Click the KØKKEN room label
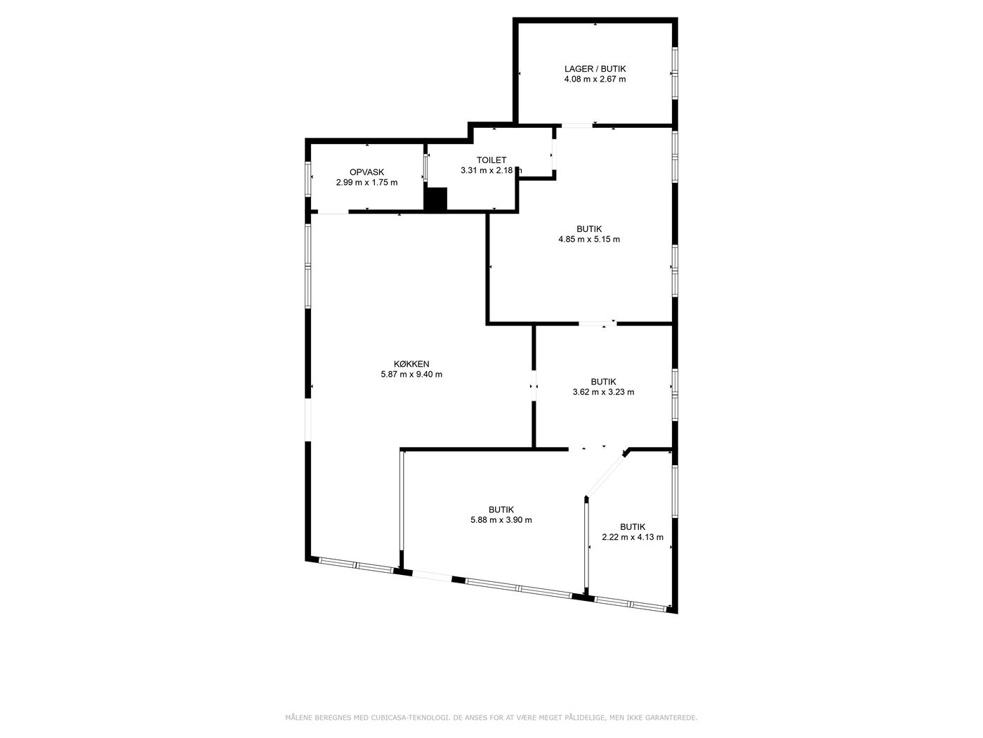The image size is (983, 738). [x=411, y=364]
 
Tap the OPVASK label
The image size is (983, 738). [x=367, y=172]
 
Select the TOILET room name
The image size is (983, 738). [x=491, y=160]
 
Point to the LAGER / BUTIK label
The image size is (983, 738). [x=595, y=69]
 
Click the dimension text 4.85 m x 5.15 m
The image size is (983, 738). [x=589, y=239]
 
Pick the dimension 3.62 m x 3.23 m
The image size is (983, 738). [x=603, y=392]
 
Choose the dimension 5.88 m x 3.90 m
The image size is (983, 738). [x=501, y=520]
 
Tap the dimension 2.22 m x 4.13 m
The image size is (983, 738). [x=633, y=537]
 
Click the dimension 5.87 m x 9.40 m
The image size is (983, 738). [x=411, y=374]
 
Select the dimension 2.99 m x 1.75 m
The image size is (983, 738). [x=367, y=182]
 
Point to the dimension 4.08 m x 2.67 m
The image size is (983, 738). [x=595, y=79]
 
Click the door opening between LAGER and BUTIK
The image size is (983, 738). [x=577, y=126]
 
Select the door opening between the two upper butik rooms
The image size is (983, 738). [x=598, y=323]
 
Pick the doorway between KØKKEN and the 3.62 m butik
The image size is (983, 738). [x=534, y=385]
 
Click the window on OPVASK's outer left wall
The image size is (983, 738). [x=308, y=179]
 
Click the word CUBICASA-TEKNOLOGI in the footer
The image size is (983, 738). [x=409, y=718]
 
